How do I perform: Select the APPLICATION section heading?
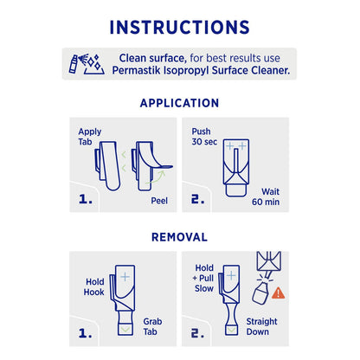[179, 102]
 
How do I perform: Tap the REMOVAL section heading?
[179, 235]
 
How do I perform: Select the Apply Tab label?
[89, 138]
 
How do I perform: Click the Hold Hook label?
[93, 287]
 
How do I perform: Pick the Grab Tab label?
[153, 327]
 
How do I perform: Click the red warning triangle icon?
[278, 292]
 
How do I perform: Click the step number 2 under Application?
[196, 202]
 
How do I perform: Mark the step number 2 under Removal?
[196, 334]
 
